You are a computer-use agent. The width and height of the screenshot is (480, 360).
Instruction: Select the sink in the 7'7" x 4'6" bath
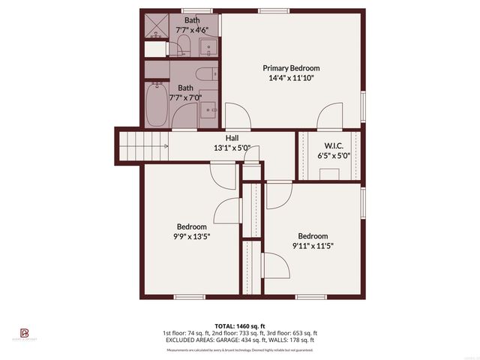[x=209, y=47]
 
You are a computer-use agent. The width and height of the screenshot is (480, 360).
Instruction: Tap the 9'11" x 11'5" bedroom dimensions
[x=312, y=245]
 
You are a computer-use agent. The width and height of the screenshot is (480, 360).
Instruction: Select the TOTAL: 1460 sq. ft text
[x=239, y=326]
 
